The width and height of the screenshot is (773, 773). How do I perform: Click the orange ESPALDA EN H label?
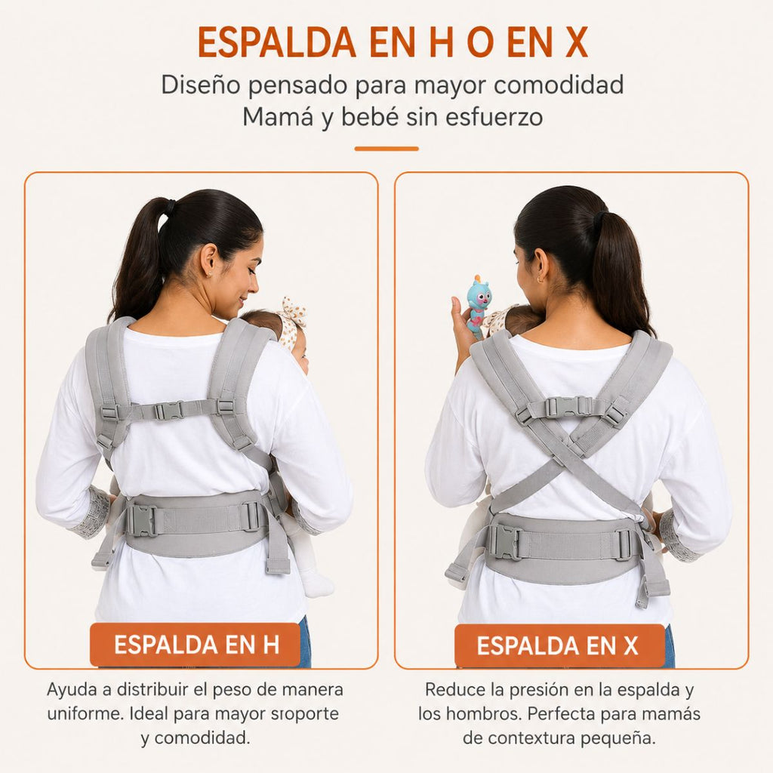pyautogui.click(x=196, y=645)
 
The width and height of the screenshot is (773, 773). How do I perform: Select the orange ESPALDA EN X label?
pyautogui.click(x=559, y=646)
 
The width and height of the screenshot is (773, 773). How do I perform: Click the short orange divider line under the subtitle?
pyautogui.click(x=386, y=149)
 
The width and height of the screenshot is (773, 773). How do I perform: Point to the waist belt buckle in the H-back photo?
pyautogui.click(x=141, y=521)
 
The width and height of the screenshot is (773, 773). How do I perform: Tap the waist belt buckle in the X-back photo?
pyautogui.click(x=506, y=542)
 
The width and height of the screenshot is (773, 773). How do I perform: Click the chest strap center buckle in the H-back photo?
pyautogui.click(x=169, y=411)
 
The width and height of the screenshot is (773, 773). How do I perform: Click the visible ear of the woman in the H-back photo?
pyautogui.click(x=208, y=260)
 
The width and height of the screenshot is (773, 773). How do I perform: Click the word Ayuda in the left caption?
pyautogui.click(x=72, y=690)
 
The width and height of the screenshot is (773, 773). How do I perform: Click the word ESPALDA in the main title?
pyautogui.click(x=276, y=42)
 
